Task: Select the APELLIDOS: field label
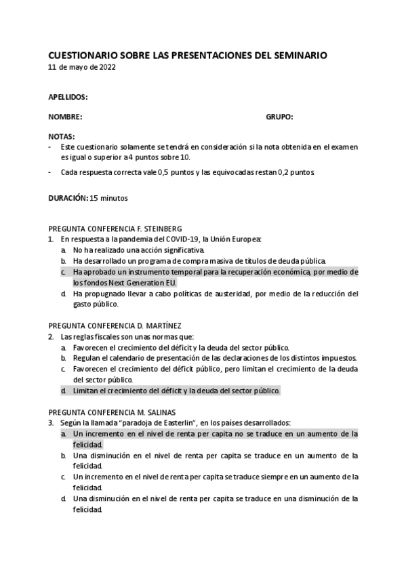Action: pyautogui.click(x=68, y=97)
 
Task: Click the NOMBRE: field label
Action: pyautogui.click(x=65, y=117)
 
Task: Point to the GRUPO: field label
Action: pyautogui.click(x=279, y=117)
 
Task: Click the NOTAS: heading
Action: pyautogui.click(x=61, y=136)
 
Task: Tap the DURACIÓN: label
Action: pyautogui.click(x=68, y=198)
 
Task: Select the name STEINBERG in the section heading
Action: pyautogui.click(x=159, y=229)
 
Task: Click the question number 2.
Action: pyautogui.click(x=51, y=336)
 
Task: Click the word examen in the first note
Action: pyautogui.click(x=345, y=146)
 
